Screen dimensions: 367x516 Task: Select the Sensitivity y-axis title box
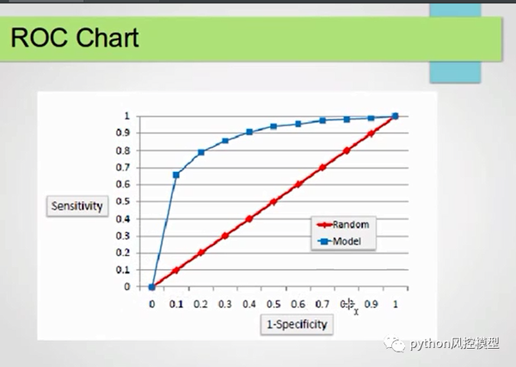click(x=77, y=206)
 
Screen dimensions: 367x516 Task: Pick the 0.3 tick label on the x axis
click(x=225, y=303)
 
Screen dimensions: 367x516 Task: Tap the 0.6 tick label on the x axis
click(x=298, y=303)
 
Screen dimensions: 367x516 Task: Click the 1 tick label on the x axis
click(x=396, y=303)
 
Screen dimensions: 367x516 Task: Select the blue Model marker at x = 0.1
click(x=176, y=174)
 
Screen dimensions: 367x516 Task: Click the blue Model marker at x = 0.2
click(x=201, y=152)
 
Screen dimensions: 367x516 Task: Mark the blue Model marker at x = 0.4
click(x=249, y=132)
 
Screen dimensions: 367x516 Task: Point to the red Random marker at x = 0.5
click(x=273, y=201)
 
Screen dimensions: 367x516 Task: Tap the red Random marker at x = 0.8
click(x=347, y=150)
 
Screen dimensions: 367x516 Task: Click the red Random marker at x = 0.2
click(x=201, y=253)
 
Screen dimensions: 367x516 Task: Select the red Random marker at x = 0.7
click(x=322, y=167)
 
